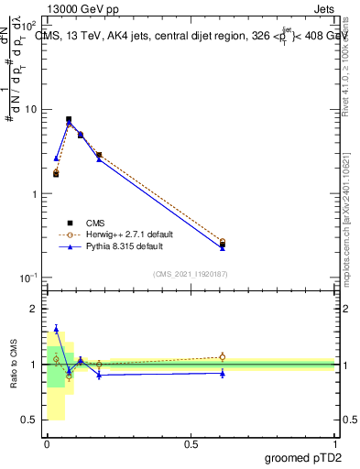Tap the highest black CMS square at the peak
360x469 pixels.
69,119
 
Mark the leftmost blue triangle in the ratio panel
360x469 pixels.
56,329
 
